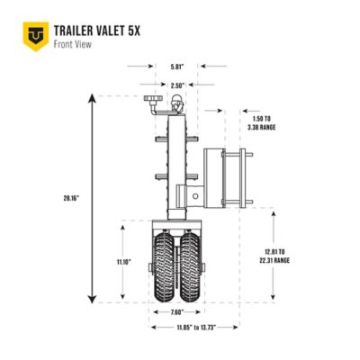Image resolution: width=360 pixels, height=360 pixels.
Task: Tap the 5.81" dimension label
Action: coord(177,66)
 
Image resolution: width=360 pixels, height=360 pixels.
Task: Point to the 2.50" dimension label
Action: coord(177,85)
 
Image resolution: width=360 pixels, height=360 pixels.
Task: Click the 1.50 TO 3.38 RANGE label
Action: coord(262,122)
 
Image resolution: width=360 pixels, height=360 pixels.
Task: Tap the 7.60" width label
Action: coord(177,311)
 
